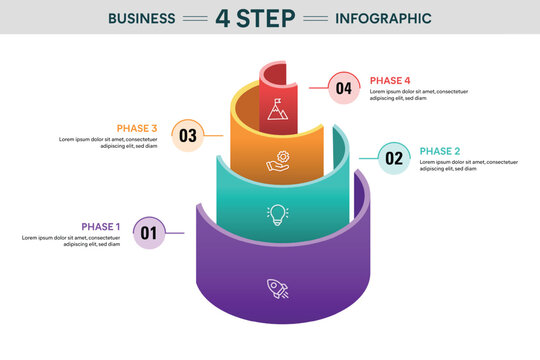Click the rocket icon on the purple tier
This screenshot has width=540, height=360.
tap(277, 289)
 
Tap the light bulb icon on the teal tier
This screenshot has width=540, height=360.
tap(277, 214)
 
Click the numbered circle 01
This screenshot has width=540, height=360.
tap(149, 234)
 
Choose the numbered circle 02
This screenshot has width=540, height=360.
tap(394, 157)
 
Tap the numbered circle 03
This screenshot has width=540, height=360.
tap(187, 135)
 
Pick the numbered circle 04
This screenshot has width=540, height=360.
tap(344, 88)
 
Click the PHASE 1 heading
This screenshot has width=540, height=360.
tap(101, 227)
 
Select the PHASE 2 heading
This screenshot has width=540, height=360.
tap(440, 151)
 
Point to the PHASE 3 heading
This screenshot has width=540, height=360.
tap(137, 128)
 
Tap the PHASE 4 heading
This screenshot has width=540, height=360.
tap(390, 81)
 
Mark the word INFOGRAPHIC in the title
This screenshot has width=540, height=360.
tap(384, 18)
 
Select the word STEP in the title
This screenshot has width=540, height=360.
tap(268, 18)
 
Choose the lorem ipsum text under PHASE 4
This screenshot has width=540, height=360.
tap(419, 95)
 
